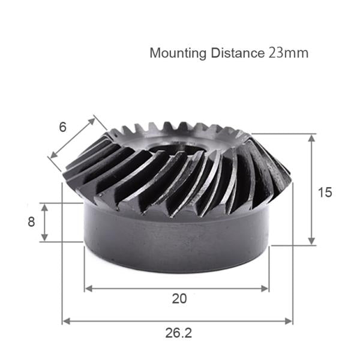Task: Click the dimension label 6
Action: (x=62, y=127)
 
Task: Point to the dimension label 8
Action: (x=31, y=221)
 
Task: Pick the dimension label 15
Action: (x=325, y=193)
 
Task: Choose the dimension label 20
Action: (x=179, y=299)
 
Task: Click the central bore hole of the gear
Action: (x=174, y=150)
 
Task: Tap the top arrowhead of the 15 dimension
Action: (x=311, y=137)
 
